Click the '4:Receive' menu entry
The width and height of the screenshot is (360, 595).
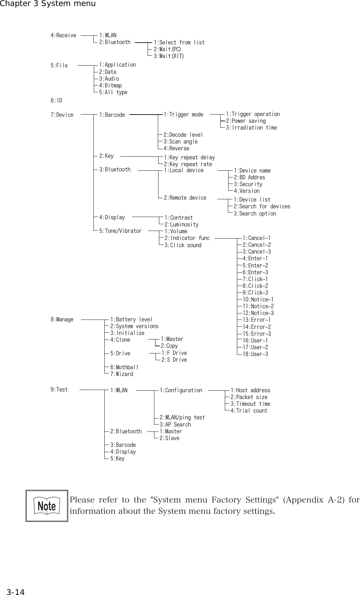(63, 35)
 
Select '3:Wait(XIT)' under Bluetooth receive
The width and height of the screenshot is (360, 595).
(169, 56)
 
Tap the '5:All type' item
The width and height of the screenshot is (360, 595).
(113, 92)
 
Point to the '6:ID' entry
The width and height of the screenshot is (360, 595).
(56, 101)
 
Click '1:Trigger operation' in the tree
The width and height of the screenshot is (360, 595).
(253, 114)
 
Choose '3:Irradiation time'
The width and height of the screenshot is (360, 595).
(251, 128)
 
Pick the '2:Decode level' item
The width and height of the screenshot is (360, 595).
(183, 135)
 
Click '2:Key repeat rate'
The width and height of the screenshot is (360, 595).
(188, 164)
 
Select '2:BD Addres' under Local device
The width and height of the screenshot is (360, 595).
(249, 177)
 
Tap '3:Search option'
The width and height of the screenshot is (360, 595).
(255, 214)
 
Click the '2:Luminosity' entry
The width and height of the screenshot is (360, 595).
(182, 225)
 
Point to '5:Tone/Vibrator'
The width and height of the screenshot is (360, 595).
(120, 231)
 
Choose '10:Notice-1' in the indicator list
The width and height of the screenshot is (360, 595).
(258, 300)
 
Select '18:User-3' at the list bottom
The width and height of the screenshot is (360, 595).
(255, 354)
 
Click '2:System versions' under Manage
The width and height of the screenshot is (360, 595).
(134, 326)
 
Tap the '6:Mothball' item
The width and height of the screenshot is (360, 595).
(124, 367)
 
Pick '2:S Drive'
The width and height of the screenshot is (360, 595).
(174, 360)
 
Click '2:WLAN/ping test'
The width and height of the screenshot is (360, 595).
(182, 418)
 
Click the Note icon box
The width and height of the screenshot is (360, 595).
(47, 506)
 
